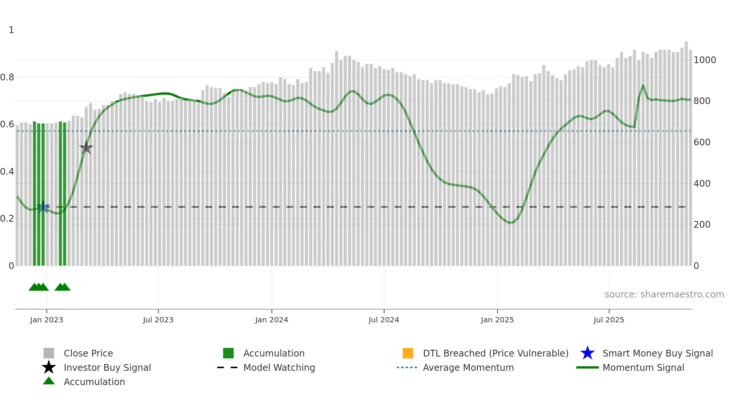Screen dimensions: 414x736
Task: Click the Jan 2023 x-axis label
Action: click(47, 320)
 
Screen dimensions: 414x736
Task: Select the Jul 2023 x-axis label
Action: click(158, 320)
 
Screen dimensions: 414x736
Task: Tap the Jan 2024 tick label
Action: click(271, 320)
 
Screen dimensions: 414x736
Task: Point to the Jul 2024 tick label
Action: click(384, 320)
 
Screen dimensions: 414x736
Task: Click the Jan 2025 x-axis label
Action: click(497, 320)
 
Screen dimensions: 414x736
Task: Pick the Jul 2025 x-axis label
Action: click(609, 320)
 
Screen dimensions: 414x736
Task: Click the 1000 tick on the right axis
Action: click(704, 60)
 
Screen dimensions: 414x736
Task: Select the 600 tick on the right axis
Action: click(702, 142)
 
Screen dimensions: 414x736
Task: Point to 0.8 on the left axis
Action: click(7, 77)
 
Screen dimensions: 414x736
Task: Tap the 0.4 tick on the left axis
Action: click(7, 172)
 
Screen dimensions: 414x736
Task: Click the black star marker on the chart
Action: click(86, 148)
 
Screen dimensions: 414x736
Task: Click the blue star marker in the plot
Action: click(43, 207)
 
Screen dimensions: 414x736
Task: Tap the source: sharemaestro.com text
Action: click(664, 295)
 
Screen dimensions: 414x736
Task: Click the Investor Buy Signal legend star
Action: click(49, 367)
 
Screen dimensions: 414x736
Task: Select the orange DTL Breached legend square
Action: click(408, 353)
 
